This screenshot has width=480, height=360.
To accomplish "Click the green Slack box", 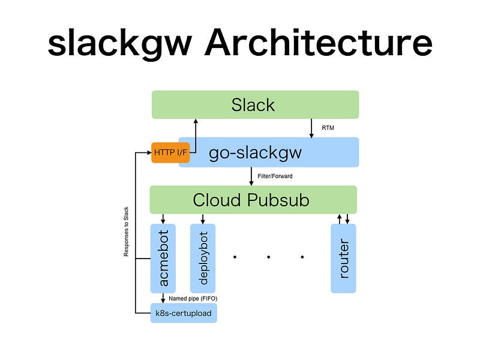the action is click(x=256, y=104).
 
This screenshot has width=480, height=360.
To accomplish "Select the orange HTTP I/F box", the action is click(x=170, y=152).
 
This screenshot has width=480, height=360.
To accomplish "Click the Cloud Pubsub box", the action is click(x=253, y=200).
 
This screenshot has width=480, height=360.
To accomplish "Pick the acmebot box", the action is click(x=163, y=259).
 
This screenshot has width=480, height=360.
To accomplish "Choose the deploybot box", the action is click(x=203, y=259).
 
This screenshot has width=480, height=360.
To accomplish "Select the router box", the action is click(x=343, y=259).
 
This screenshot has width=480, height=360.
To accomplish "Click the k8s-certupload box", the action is click(x=184, y=313).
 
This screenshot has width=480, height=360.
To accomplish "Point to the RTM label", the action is click(x=328, y=128).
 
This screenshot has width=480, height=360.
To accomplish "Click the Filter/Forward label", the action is click(x=275, y=176).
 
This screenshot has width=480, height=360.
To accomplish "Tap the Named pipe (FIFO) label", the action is click(x=193, y=298).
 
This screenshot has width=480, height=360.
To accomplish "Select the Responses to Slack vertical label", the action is click(x=126, y=232).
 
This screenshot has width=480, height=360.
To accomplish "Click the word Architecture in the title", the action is click(x=319, y=43).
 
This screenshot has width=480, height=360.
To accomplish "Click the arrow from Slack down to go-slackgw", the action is click(x=311, y=128).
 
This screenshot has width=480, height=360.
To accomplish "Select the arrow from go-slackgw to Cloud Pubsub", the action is click(x=251, y=176).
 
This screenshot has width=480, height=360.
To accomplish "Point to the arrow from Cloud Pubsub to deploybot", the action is click(x=203, y=219).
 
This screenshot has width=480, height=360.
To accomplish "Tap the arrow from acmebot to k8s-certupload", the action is click(x=163, y=298).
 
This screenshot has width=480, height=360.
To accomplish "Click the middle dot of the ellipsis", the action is click(x=268, y=257).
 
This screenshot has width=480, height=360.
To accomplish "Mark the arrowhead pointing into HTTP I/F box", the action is click(x=149, y=152).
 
